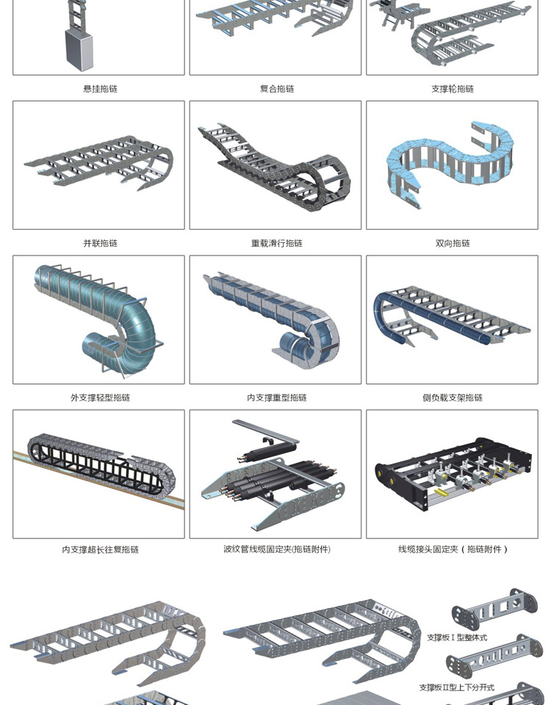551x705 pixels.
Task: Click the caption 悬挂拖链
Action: coord(100,89)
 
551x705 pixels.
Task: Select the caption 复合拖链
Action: coord(277,89)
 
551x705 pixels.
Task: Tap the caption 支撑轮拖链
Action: coord(453,89)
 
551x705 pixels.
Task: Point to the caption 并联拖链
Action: coord(100,243)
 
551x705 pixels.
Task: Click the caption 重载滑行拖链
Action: coord(277,243)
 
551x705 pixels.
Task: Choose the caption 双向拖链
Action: coord(453,243)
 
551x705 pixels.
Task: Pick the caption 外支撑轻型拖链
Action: coord(100,397)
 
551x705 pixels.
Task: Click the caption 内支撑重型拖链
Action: coord(277,397)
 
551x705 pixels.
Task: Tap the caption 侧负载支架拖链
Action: coord(453,397)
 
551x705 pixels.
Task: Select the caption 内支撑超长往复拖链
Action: coord(100,549)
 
